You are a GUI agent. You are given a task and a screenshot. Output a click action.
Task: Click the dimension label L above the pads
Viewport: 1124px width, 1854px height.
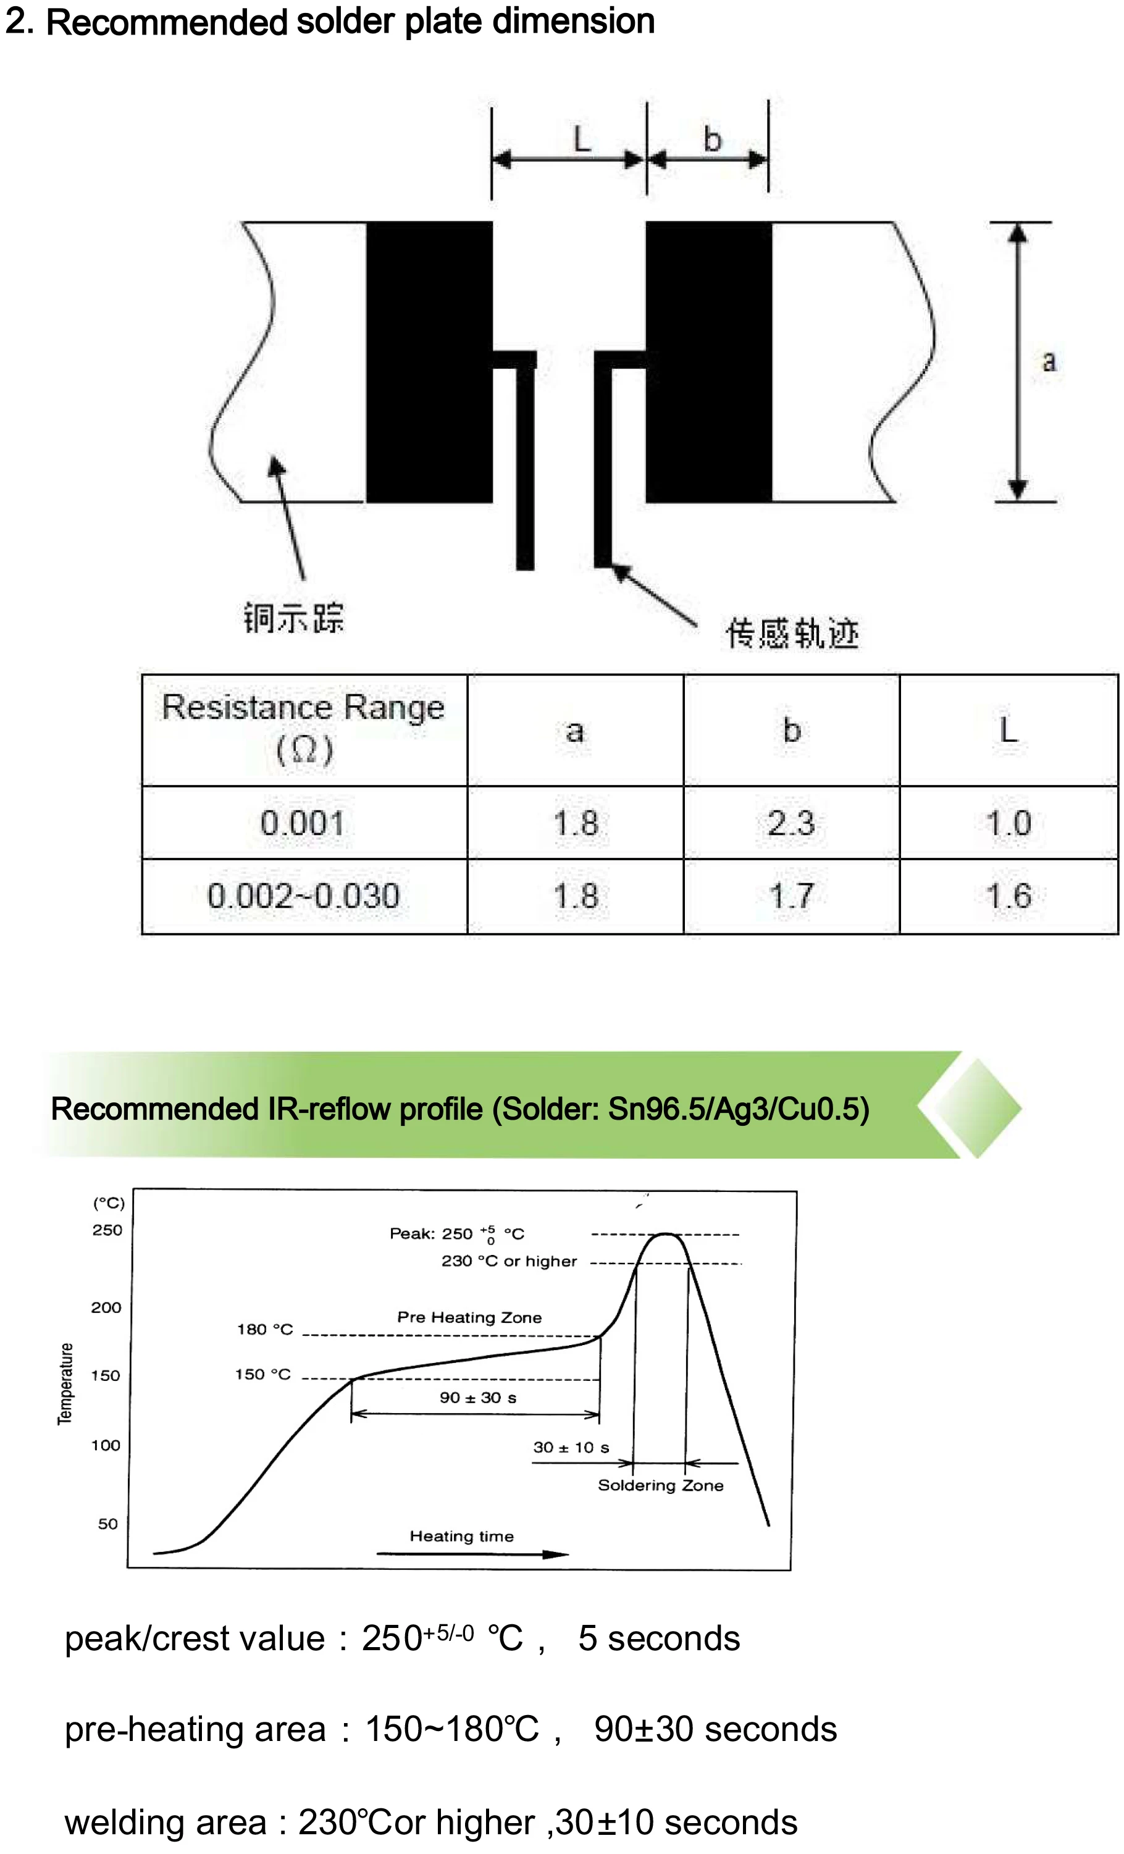(x=582, y=139)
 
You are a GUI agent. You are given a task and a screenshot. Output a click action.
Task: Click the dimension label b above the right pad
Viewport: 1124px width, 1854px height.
(x=711, y=139)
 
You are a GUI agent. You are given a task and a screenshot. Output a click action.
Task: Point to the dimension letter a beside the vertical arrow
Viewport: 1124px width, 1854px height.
(x=1048, y=361)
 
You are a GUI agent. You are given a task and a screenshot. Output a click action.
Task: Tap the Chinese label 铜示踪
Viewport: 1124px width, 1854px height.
(x=293, y=618)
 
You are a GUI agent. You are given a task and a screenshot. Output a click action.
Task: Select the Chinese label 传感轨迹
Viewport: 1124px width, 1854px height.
(x=792, y=633)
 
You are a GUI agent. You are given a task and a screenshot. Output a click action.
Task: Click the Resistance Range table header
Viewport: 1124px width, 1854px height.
(x=303, y=728)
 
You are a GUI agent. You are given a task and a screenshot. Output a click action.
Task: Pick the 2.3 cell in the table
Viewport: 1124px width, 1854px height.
(x=791, y=823)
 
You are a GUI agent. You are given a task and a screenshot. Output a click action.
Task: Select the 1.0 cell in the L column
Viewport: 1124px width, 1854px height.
(x=1008, y=823)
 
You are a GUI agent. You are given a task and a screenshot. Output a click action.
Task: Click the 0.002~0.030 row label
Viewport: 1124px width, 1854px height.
(x=303, y=896)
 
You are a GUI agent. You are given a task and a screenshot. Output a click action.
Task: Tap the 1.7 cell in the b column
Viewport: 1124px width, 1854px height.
(x=791, y=896)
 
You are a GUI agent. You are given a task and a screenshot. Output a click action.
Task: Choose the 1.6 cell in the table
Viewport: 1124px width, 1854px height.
(x=1008, y=896)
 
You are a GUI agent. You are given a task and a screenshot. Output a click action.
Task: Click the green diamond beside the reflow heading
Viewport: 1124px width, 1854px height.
(x=976, y=1107)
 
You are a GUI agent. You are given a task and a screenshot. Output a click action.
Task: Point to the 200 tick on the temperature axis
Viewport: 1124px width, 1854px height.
(x=106, y=1307)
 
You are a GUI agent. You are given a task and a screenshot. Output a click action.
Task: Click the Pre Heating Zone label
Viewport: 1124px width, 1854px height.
(x=469, y=1317)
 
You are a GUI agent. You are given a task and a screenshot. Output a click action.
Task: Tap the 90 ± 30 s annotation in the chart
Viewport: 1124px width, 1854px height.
(x=478, y=1397)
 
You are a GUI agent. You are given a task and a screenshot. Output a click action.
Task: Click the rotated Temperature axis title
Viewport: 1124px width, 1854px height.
(x=66, y=1383)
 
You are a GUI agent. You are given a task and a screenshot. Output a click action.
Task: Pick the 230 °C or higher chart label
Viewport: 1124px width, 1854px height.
(x=509, y=1260)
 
